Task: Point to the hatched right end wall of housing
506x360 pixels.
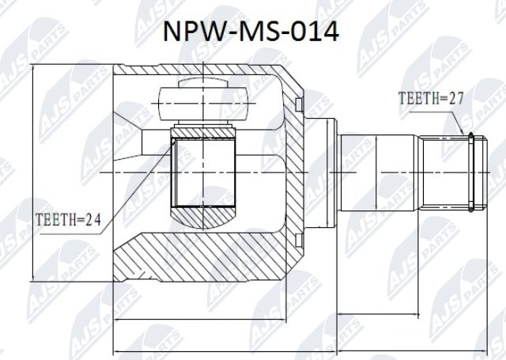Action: (293, 170)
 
